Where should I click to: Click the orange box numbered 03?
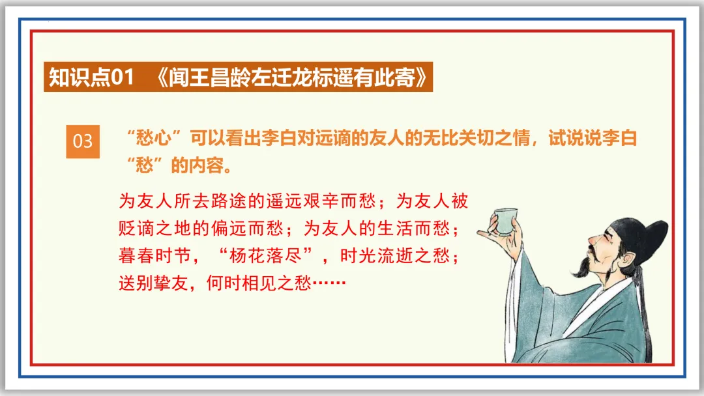pos(83,141)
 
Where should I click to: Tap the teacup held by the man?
pos(506,219)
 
